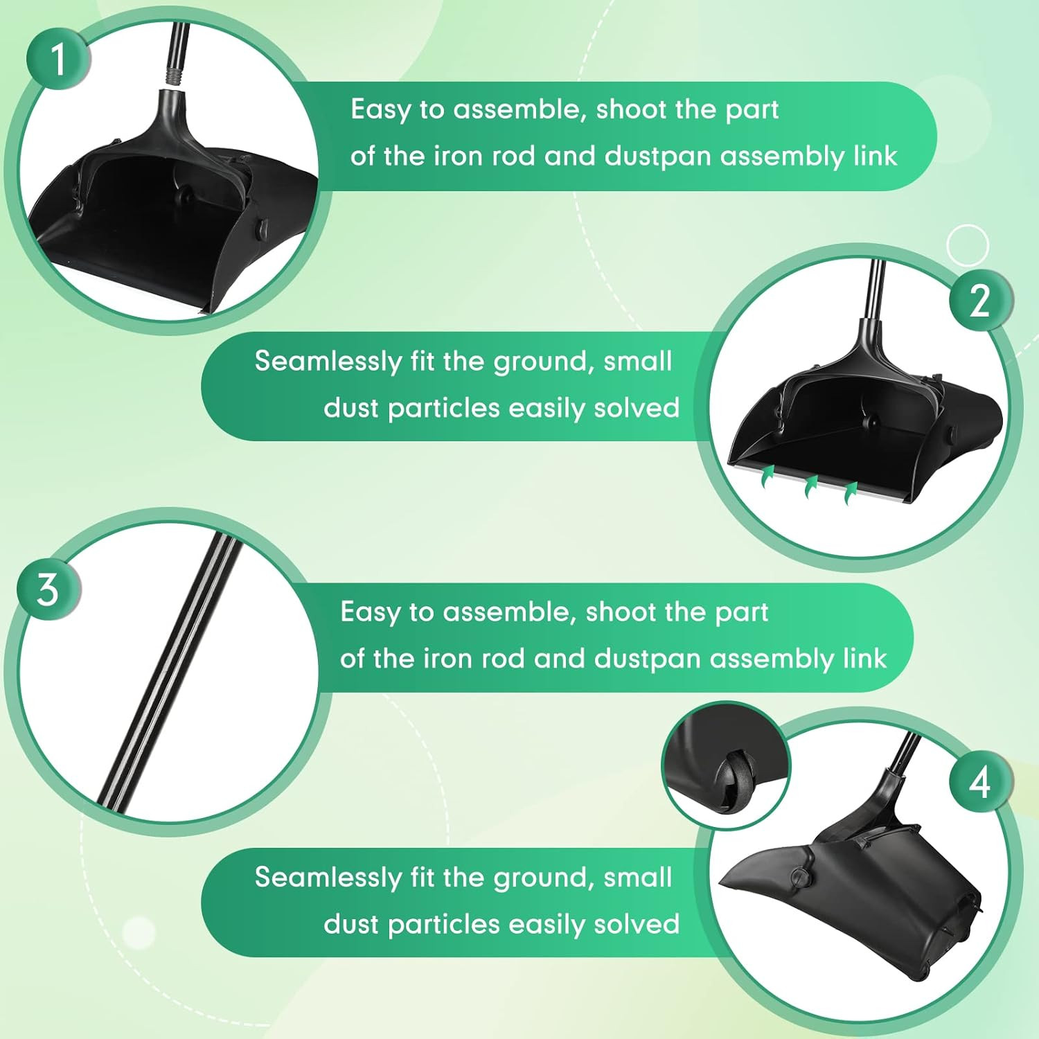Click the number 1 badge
pyautogui.click(x=58, y=58)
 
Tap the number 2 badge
pyautogui.click(x=979, y=301)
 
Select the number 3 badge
pyautogui.click(x=48, y=589)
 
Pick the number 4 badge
pyautogui.click(x=979, y=783)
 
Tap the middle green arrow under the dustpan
pyautogui.click(x=810, y=486)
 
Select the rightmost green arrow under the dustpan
pyautogui.click(x=851, y=494)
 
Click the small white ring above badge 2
pyautogui.click(x=967, y=245)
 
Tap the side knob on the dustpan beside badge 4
pyautogui.click(x=801, y=877)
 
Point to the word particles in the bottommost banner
pyautogui.click(x=443, y=924)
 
